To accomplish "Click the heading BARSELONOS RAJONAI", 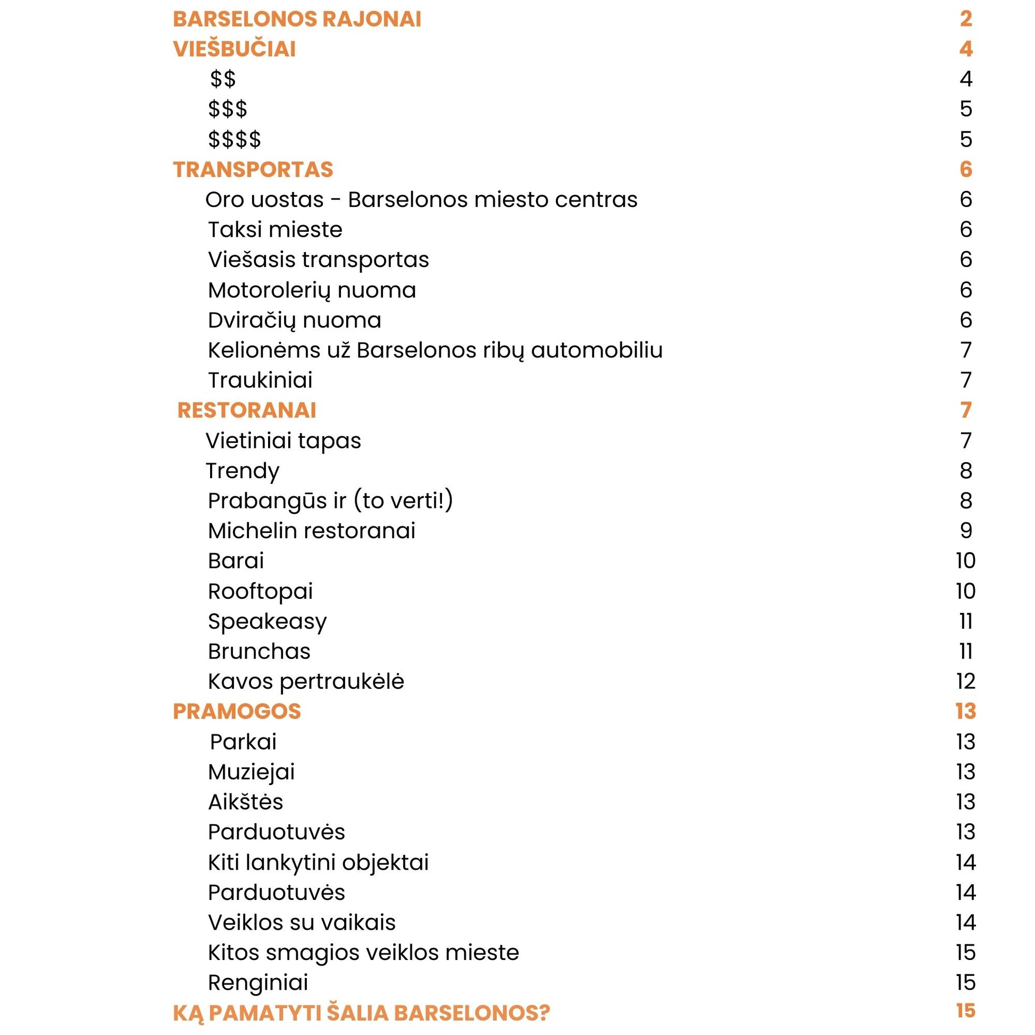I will [x=297, y=19].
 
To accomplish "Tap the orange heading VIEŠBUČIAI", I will [x=234, y=49].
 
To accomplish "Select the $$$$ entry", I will [x=235, y=139].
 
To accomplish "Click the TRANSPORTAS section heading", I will [x=253, y=170].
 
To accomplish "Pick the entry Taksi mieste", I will [x=275, y=230].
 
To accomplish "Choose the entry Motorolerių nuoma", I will [x=312, y=290].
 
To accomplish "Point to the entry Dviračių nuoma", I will [x=294, y=320].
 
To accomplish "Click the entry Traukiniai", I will [x=260, y=380].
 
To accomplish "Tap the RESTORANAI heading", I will [x=246, y=411].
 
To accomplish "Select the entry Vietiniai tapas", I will [x=283, y=441].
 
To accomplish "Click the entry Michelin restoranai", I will [x=311, y=531].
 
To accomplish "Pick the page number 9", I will [x=965, y=531].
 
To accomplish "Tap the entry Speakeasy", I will [x=267, y=621].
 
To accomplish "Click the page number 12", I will [x=965, y=681].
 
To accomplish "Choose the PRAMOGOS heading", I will [x=237, y=712].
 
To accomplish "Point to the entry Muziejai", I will [x=251, y=772].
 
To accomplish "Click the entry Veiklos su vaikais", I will [x=302, y=922].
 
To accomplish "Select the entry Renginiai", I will [x=257, y=982].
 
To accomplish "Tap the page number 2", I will [x=965, y=19].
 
